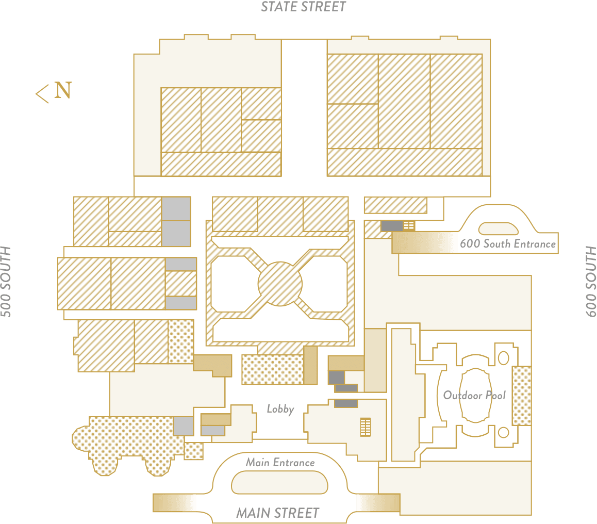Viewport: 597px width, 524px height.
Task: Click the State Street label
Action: (303, 7)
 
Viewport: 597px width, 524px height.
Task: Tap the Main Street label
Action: (278, 513)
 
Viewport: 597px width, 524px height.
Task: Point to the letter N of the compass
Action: (63, 91)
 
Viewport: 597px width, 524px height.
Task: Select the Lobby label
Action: (280, 409)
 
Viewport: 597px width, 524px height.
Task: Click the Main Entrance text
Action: (280, 462)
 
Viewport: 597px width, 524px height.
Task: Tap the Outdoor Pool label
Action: (474, 396)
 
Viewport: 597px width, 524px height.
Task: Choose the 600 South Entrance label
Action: (508, 243)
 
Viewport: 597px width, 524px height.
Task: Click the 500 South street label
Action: (7, 281)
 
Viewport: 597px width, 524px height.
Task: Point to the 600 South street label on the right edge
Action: (590, 281)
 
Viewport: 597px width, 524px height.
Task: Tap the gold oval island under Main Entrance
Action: (279, 483)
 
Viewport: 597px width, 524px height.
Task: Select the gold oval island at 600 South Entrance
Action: (499, 228)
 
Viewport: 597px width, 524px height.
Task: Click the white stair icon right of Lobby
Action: (366, 427)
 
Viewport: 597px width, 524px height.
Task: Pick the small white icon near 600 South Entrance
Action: (409, 225)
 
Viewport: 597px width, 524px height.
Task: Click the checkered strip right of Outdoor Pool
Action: (521, 395)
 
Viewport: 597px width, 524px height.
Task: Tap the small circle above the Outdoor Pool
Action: (504, 357)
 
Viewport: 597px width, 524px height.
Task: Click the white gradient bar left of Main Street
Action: (175, 503)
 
